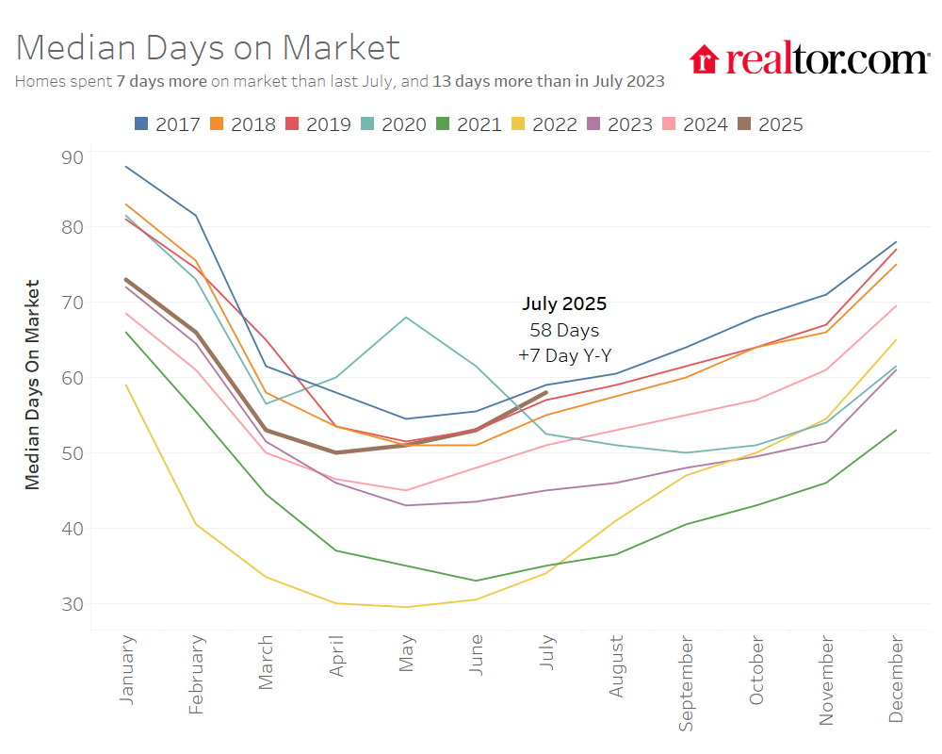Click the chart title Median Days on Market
point(208,48)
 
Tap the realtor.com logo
point(809,60)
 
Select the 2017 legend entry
point(167,123)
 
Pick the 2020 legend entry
point(393,123)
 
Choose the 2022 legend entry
point(544,123)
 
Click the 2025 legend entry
point(770,123)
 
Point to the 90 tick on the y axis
point(73,156)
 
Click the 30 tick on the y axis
point(73,603)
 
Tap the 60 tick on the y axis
point(73,378)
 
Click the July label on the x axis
point(546,653)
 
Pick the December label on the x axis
point(896,680)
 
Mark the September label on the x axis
point(686,684)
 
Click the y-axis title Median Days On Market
point(33,384)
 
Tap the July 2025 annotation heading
point(564,304)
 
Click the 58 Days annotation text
point(564,331)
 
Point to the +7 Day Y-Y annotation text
point(564,356)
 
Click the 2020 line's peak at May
point(406,317)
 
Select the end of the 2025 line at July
point(546,392)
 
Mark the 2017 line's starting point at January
point(126,167)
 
